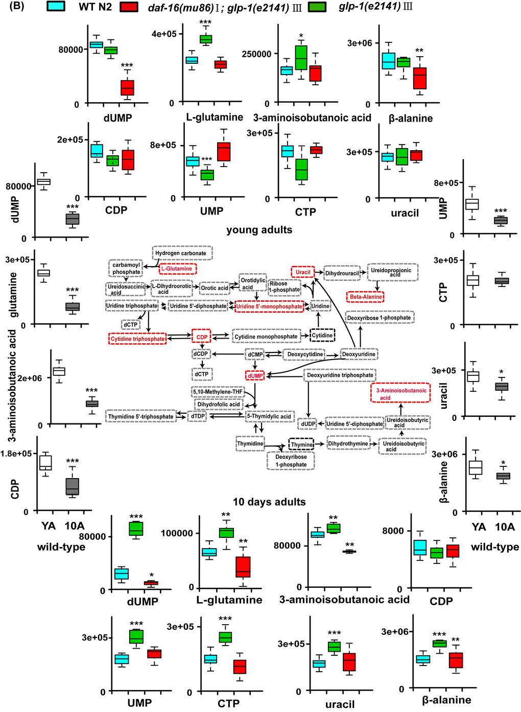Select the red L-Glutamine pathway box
click(x=177, y=269)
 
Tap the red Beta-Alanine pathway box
click(x=366, y=297)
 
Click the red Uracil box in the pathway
click(x=303, y=272)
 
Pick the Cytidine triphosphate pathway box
click(x=138, y=339)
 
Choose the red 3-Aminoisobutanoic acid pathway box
click(x=400, y=394)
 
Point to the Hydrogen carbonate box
click(x=182, y=253)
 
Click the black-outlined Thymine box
click(x=301, y=444)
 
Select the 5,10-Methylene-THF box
click(x=218, y=392)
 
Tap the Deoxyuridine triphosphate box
click(x=340, y=375)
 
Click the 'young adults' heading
click(x=259, y=230)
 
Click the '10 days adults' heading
click(x=269, y=502)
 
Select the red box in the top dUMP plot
click(x=127, y=87)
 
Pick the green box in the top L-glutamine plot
click(x=206, y=39)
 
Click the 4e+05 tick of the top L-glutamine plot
click(x=164, y=34)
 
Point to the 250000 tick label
click(x=256, y=54)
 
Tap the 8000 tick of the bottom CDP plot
click(x=393, y=531)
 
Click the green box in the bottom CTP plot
click(x=225, y=637)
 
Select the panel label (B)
click(x=17, y=7)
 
